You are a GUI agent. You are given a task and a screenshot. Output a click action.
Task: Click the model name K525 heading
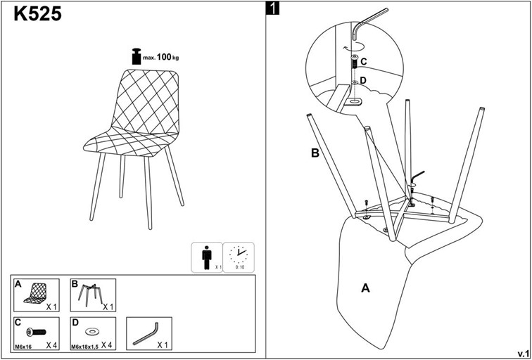[37, 14]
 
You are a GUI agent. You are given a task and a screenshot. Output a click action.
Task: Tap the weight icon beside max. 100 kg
[136, 56]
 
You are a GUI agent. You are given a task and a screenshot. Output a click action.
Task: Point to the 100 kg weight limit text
[166, 56]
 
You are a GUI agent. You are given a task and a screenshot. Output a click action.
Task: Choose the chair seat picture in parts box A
[34, 293]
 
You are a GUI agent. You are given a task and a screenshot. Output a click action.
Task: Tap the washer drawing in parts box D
[91, 330]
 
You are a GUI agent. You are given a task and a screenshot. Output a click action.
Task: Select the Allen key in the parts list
[147, 331]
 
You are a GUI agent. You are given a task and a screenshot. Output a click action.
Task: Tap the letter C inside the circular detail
[364, 62]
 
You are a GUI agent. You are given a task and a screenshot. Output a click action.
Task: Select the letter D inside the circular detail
[364, 80]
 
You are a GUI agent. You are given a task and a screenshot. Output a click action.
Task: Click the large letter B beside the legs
[316, 153]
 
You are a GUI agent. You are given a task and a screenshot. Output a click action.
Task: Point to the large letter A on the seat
[365, 287]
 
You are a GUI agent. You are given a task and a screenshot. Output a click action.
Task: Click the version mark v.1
[523, 352]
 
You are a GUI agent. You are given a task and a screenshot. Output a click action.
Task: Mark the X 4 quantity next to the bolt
[52, 345]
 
